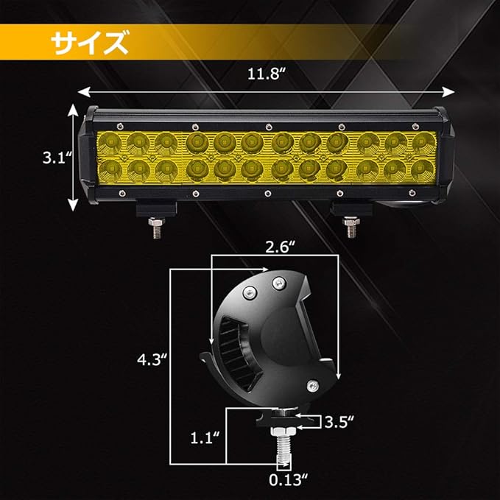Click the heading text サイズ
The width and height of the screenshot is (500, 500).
coord(90,42)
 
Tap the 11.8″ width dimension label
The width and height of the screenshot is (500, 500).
coord(266,74)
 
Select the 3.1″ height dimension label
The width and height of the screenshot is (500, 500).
coord(57,158)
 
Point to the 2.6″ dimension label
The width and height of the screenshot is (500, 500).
coord(281,247)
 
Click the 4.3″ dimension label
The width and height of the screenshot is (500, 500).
coord(152,359)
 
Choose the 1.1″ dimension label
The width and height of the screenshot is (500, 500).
coord(205,438)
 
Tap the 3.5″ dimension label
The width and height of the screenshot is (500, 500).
coord(339,422)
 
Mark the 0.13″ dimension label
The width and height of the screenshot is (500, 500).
coord(288,480)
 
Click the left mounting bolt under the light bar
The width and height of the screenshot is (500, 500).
coord(156,228)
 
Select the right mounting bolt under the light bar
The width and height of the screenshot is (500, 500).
coord(351,227)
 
